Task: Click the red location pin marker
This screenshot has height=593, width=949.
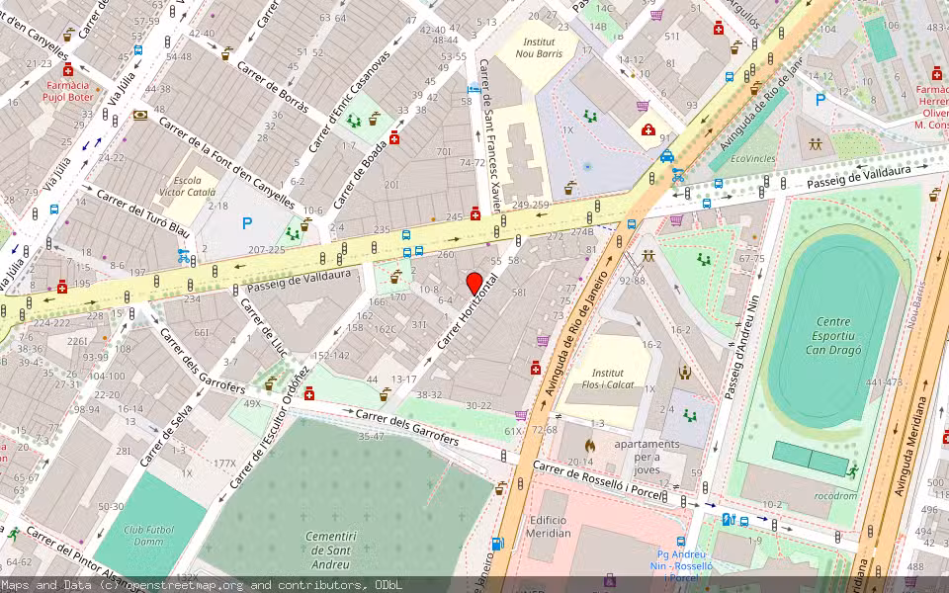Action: click(x=474, y=283)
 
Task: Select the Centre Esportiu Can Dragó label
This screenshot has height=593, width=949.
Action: click(x=833, y=335)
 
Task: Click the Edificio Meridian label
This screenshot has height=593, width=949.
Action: click(x=549, y=526)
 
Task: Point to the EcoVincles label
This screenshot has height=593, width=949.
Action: click(x=753, y=158)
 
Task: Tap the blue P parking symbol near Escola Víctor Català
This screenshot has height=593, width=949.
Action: click(x=247, y=224)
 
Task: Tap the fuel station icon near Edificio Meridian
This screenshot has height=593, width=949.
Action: click(x=498, y=544)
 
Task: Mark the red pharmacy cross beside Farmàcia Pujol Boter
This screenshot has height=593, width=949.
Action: click(x=68, y=71)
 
